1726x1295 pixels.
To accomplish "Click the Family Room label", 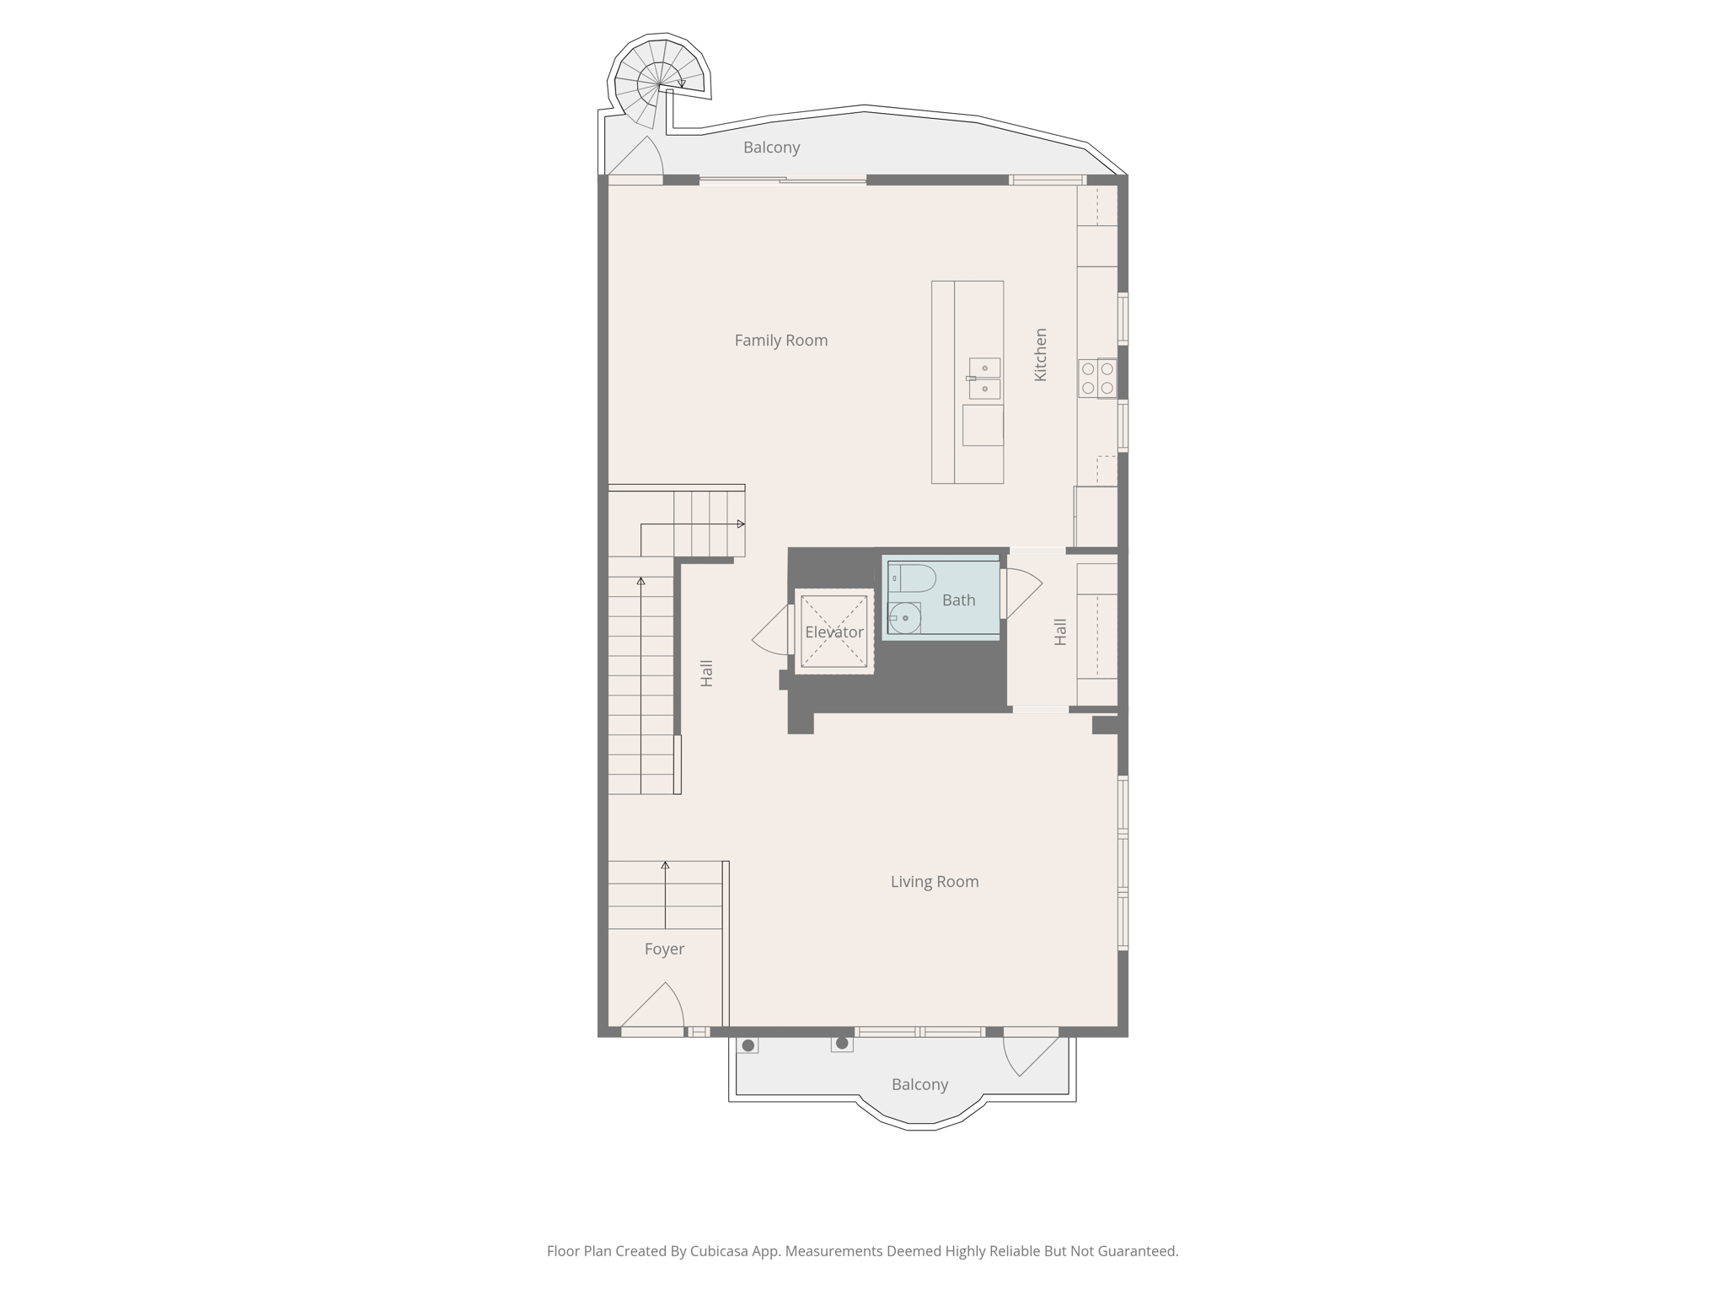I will tap(780, 341).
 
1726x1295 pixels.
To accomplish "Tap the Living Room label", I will tap(934, 882).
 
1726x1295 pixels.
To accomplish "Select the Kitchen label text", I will tap(1041, 355).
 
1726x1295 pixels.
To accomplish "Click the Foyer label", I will tap(664, 949).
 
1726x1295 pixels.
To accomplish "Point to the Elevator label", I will tap(834, 632).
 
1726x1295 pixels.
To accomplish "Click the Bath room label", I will tap(958, 600).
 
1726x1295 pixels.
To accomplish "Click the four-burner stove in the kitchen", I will tap(1097, 379).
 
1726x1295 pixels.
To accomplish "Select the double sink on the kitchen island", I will tap(984, 379).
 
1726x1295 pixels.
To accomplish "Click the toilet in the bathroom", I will tap(914, 578).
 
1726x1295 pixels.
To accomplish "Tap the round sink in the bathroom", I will tap(904, 618).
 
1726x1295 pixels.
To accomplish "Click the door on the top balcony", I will tap(636, 158).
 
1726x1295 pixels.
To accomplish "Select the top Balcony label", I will tap(771, 148).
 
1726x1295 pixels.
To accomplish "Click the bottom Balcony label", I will tap(919, 1085).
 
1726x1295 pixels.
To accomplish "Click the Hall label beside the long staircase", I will tap(707, 673).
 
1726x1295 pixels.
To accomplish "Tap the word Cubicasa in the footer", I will tap(720, 1251).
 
